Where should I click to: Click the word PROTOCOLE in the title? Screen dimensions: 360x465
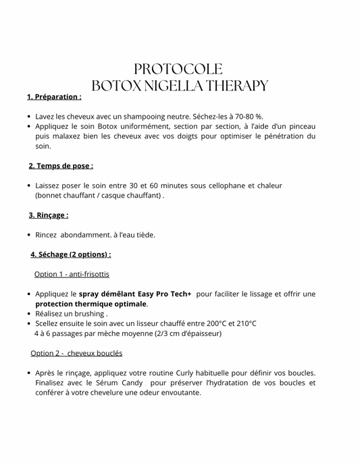pos(178,69)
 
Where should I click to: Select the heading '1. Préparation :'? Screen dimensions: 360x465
pos(54,97)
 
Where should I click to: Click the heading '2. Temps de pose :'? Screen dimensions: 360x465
pos(61,166)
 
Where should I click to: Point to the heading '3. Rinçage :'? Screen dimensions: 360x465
pos(49,215)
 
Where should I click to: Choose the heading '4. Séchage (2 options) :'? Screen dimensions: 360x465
pos(71,254)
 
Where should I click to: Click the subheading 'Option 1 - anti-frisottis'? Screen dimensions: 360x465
pos(72,274)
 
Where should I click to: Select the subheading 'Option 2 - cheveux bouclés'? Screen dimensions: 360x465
pos(76,353)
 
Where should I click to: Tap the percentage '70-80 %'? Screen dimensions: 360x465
pos(247,117)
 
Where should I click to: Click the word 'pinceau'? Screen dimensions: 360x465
pos(301,126)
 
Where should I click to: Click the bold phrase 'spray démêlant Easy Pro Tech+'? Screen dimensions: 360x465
pos(135,294)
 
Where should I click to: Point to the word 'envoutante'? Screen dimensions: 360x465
pos(178,392)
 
